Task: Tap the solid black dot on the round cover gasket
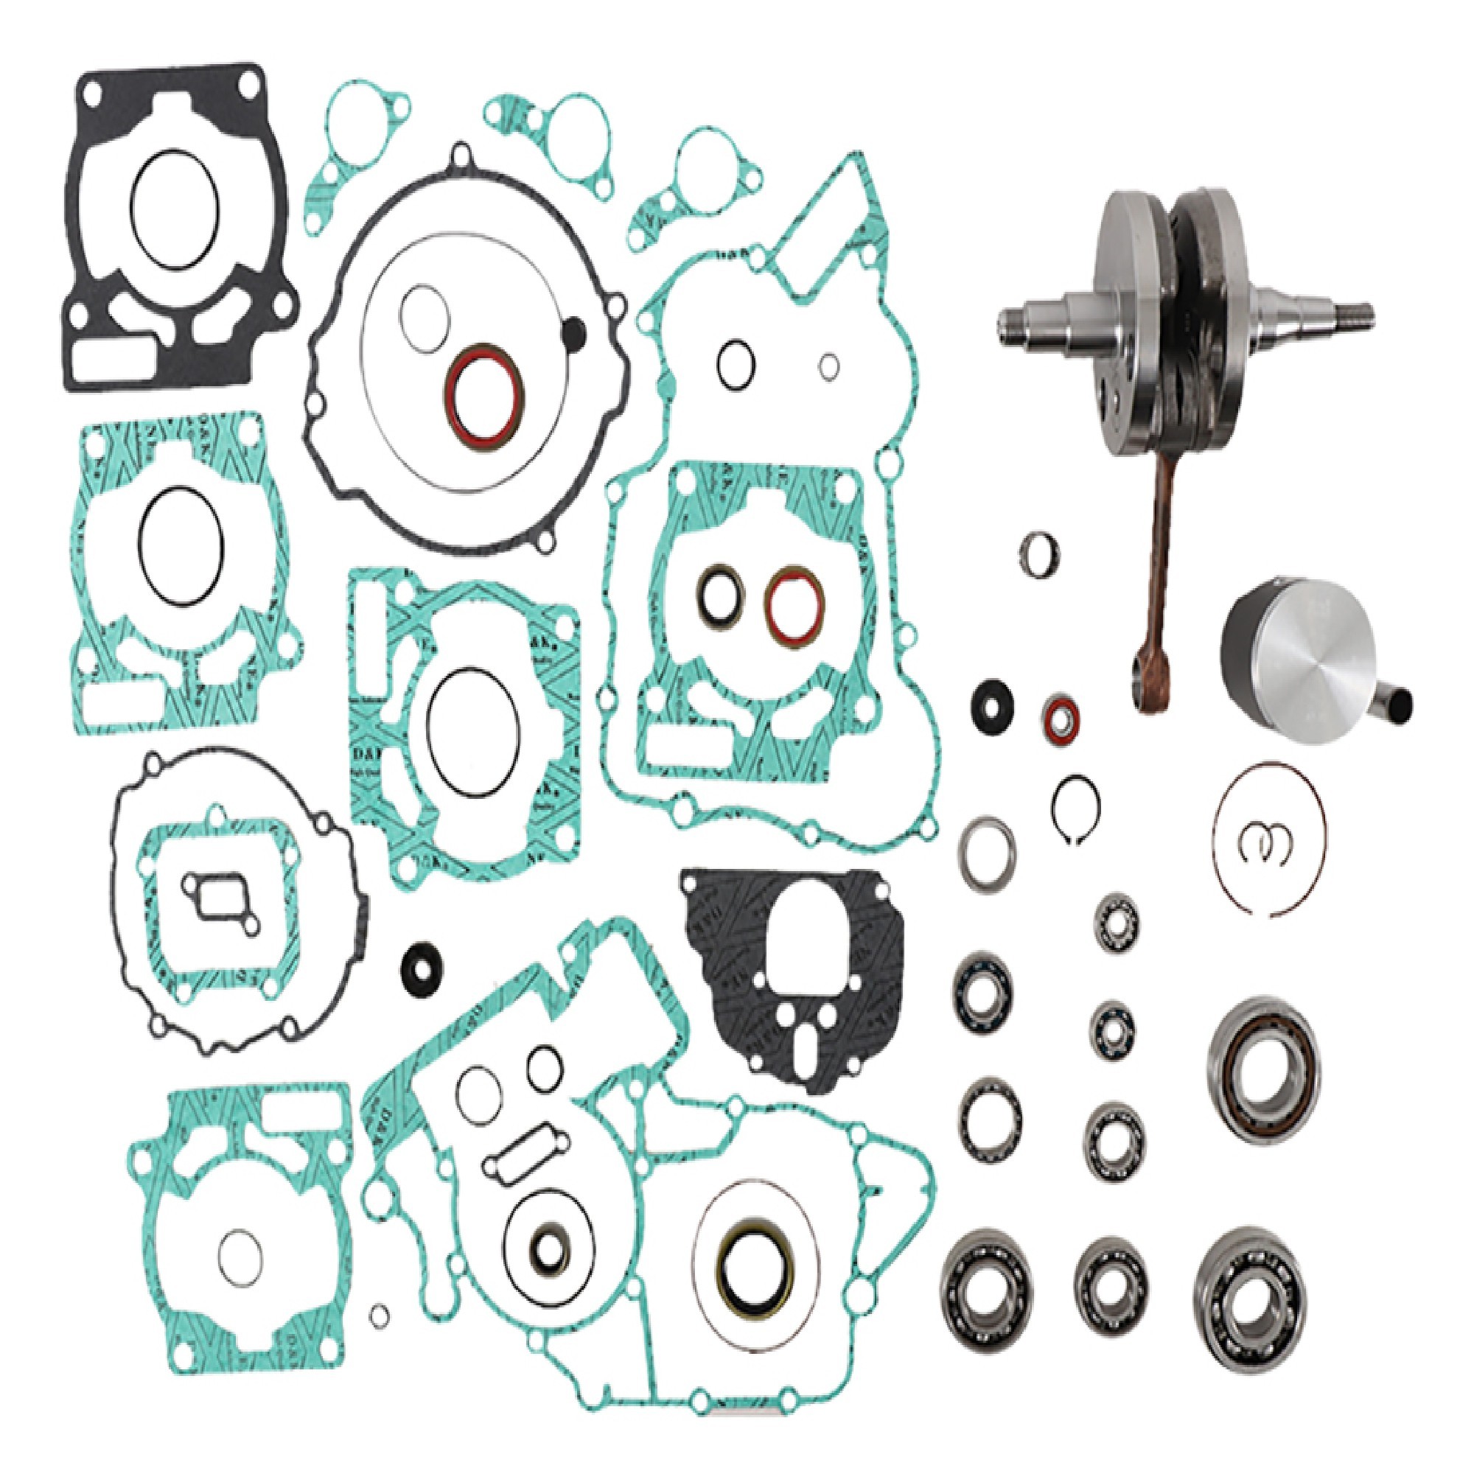pyautogui.click(x=572, y=332)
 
